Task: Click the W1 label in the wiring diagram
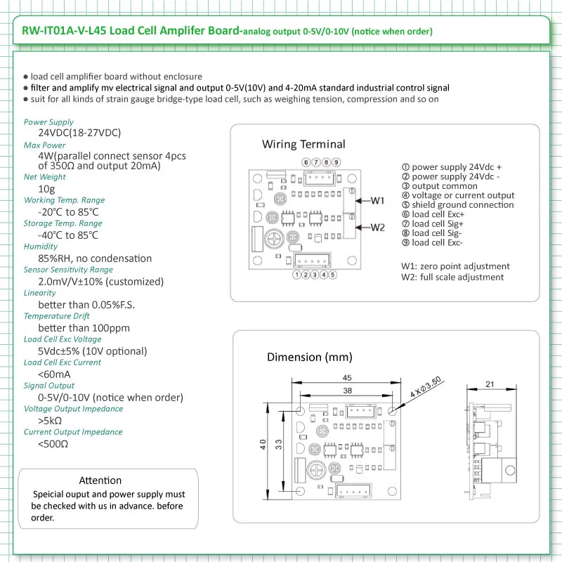377,200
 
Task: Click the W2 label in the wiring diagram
377,228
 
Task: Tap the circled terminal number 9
336,162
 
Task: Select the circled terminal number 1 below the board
296,275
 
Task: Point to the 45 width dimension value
347,378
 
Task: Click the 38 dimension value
347,391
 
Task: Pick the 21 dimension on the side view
490,384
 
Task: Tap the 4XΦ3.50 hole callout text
426,387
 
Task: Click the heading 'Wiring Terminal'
303,144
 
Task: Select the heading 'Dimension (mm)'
310,357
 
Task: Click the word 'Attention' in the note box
100,481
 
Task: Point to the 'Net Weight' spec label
45,177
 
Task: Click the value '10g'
46,189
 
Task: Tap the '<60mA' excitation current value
54,374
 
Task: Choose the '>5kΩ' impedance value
50,420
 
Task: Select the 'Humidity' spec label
41,247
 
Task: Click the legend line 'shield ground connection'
458,204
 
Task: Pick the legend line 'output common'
440,186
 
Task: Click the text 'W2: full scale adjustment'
452,277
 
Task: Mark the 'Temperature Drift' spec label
57,315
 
